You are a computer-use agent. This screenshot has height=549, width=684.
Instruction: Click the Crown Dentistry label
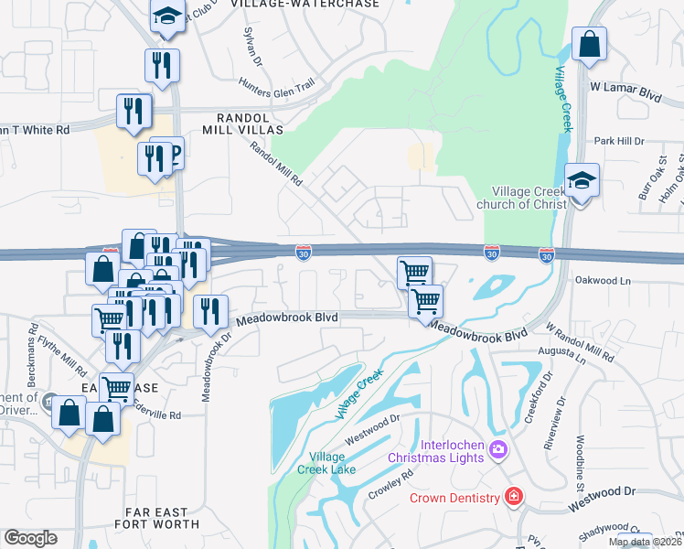pyautogui.click(x=454, y=498)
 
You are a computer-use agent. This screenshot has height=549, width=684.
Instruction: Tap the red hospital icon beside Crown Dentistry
pyautogui.click(x=514, y=497)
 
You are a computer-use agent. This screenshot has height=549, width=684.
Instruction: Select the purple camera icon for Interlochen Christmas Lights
pyautogui.click(x=497, y=448)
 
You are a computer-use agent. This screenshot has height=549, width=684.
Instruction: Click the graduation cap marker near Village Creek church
pyautogui.click(x=581, y=181)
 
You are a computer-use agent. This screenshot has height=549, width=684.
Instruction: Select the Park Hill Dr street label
pyautogui.click(x=619, y=142)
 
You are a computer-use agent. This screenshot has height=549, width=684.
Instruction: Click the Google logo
pyautogui.click(x=30, y=538)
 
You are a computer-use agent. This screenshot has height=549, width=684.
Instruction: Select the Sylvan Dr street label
pyautogui.click(x=251, y=46)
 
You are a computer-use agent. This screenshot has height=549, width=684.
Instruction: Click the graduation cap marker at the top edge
pyautogui.click(x=167, y=16)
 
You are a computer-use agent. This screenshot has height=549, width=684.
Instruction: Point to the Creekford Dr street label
pyautogui.click(x=539, y=391)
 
